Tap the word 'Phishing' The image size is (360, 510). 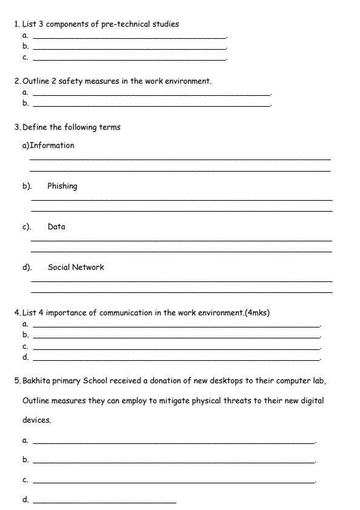coord(62,186)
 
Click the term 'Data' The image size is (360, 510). coord(56,227)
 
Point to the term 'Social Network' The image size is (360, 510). coord(76,267)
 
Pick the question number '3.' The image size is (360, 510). coord(17,127)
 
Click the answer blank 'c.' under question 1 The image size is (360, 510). coord(129,59)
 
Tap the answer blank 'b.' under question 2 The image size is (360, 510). coord(152,104)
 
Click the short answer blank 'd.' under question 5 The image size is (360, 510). coord(104,502)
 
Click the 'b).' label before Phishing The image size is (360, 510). coord(27,186)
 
